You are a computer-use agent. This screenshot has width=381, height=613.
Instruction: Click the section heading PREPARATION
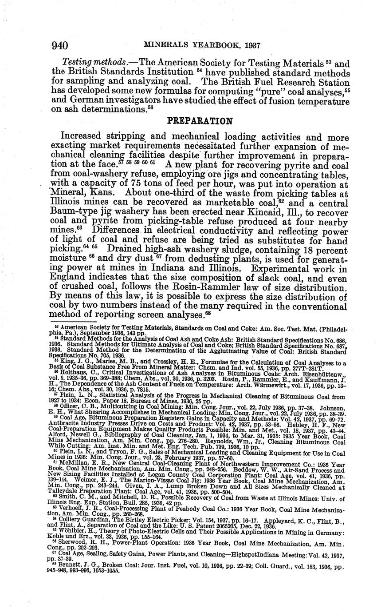200,121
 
